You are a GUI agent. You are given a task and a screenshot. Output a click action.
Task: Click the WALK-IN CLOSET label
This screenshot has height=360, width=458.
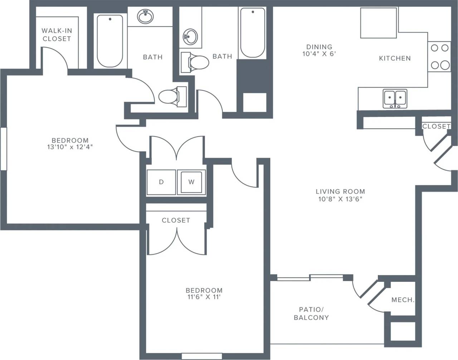57,35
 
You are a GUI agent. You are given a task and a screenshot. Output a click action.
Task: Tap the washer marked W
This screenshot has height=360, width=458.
191,182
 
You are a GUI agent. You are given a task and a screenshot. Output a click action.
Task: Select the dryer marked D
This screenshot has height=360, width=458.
161,182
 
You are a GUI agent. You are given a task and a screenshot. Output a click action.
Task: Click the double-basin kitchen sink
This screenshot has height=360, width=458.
395,98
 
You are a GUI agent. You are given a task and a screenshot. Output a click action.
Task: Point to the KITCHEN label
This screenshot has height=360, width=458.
395,58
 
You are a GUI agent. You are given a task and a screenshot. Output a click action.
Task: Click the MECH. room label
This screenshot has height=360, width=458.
403,300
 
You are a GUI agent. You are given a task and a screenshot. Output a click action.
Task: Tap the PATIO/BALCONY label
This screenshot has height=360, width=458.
311,313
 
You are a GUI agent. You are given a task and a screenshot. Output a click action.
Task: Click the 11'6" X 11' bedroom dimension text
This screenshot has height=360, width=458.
204,297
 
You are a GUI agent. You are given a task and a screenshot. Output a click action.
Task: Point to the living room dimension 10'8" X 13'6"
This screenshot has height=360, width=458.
340,199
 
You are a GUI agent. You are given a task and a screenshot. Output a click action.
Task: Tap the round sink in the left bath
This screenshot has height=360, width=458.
145,16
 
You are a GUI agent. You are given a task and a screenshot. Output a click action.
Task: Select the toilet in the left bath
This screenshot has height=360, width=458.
171,96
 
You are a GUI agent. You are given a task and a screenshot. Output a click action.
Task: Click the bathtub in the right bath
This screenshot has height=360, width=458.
253,33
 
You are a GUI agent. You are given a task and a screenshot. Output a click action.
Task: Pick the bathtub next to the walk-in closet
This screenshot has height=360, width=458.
110,40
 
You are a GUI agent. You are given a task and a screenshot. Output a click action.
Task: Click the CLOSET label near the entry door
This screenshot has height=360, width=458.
436,127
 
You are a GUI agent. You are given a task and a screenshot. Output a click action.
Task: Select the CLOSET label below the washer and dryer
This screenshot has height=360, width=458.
176,220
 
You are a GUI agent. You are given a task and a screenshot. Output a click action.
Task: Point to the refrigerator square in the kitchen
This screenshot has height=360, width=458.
378,23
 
